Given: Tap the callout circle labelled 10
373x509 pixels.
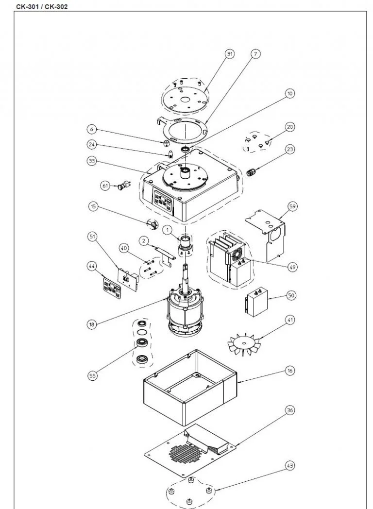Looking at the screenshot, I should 290,94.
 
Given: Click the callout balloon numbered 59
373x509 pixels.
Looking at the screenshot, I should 292,207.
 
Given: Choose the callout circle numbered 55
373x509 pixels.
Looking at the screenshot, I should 93,375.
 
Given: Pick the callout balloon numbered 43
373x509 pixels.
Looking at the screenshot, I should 290,466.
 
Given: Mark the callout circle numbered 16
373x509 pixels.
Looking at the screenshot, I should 290,371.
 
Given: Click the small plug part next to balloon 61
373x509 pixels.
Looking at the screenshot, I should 124,185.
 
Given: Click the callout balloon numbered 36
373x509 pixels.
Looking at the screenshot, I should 290,410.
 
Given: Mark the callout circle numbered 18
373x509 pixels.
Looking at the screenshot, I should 92,324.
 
